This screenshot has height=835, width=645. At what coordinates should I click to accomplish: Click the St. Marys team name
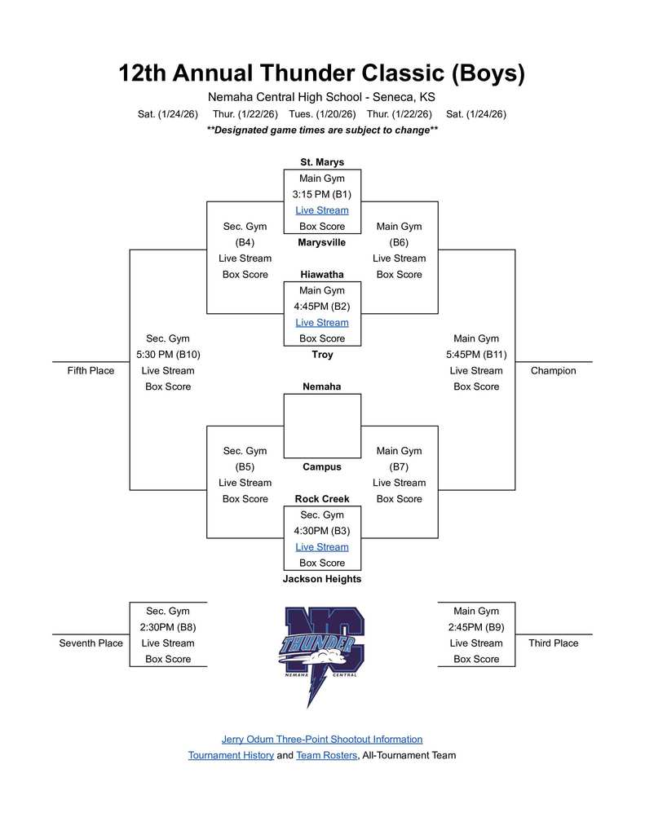(x=322, y=162)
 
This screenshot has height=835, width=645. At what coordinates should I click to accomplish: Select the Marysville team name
(x=322, y=242)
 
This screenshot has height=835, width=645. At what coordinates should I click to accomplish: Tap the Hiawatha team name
(x=322, y=275)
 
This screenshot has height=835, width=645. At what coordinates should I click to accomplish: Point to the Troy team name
(x=322, y=355)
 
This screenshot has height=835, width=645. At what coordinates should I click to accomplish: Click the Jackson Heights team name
(x=322, y=579)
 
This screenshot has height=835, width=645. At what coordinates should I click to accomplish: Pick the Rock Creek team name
(x=322, y=499)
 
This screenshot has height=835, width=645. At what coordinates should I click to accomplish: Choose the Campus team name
(x=322, y=467)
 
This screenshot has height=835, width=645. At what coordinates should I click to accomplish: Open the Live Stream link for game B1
(x=322, y=210)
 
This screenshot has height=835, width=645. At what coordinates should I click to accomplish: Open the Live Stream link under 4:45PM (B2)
(x=322, y=323)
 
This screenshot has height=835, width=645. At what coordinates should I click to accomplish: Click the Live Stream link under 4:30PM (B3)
(x=322, y=547)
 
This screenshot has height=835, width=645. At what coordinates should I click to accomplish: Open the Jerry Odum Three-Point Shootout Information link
(x=322, y=740)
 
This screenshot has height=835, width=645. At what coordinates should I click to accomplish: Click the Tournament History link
(x=231, y=756)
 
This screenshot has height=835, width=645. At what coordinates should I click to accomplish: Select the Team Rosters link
(x=326, y=756)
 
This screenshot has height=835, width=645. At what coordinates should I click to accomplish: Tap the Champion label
(x=553, y=371)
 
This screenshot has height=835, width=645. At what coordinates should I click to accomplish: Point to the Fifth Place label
(x=91, y=371)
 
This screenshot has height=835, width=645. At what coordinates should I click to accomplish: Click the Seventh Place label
(x=91, y=643)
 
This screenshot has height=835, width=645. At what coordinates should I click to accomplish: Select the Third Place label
(x=553, y=643)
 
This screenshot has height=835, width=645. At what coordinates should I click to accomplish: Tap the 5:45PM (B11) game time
(x=476, y=355)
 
